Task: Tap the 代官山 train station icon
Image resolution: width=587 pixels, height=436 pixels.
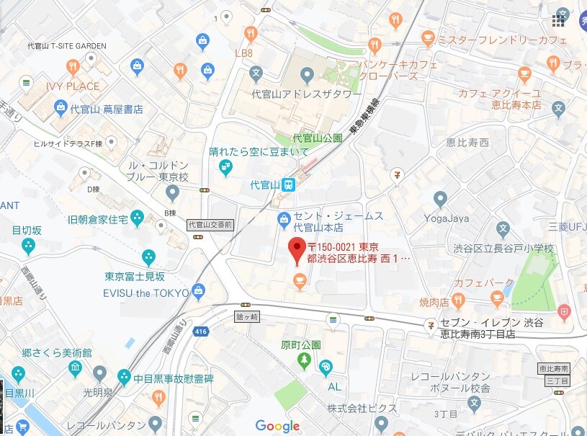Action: point(288,184)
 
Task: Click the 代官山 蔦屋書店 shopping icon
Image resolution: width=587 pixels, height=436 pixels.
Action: point(61,109)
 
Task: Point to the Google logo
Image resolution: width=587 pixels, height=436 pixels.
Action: point(277,426)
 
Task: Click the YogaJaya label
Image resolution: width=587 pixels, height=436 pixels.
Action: point(447,218)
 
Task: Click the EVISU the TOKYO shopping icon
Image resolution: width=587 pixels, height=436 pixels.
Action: point(200,293)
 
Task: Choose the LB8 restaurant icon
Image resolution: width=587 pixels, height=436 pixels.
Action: point(251,33)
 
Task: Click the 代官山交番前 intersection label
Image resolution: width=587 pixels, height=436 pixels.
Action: point(210,224)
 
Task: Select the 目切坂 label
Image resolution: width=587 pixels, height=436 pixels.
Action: point(28,231)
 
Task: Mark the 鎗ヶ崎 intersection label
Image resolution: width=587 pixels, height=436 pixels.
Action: point(246,316)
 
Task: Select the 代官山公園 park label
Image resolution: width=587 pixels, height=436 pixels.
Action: point(317,138)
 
